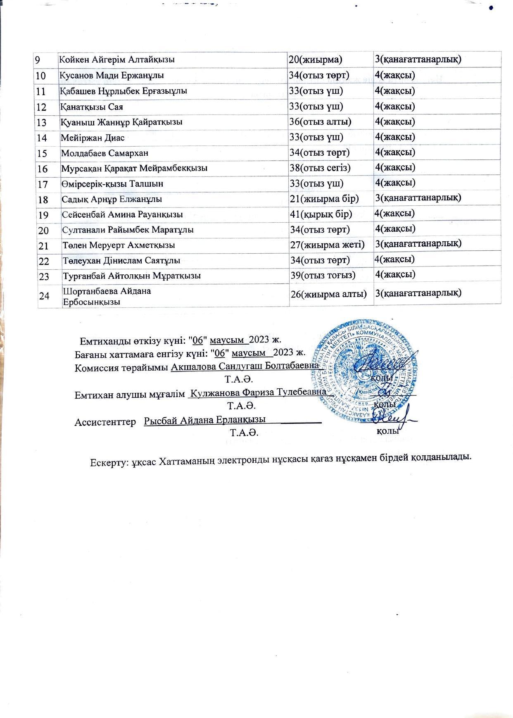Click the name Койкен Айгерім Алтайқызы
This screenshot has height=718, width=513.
click(117, 59)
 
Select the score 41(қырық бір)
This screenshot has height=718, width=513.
click(321, 214)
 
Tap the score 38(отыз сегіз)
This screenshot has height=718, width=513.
click(320, 168)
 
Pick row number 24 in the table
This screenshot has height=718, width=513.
click(44, 296)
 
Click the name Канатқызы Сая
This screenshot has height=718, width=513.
click(92, 107)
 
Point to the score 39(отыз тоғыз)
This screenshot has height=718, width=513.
click(323, 275)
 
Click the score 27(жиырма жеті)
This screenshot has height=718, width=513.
click(327, 245)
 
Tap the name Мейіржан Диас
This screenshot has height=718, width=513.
click(93, 138)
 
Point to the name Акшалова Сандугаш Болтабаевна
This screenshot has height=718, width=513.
click(245, 366)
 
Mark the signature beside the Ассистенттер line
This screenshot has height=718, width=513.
click(390, 418)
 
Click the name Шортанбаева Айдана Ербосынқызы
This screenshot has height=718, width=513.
click(107, 296)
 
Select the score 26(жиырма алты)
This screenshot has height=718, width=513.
click(328, 294)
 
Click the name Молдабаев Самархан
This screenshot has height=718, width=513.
click(104, 153)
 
